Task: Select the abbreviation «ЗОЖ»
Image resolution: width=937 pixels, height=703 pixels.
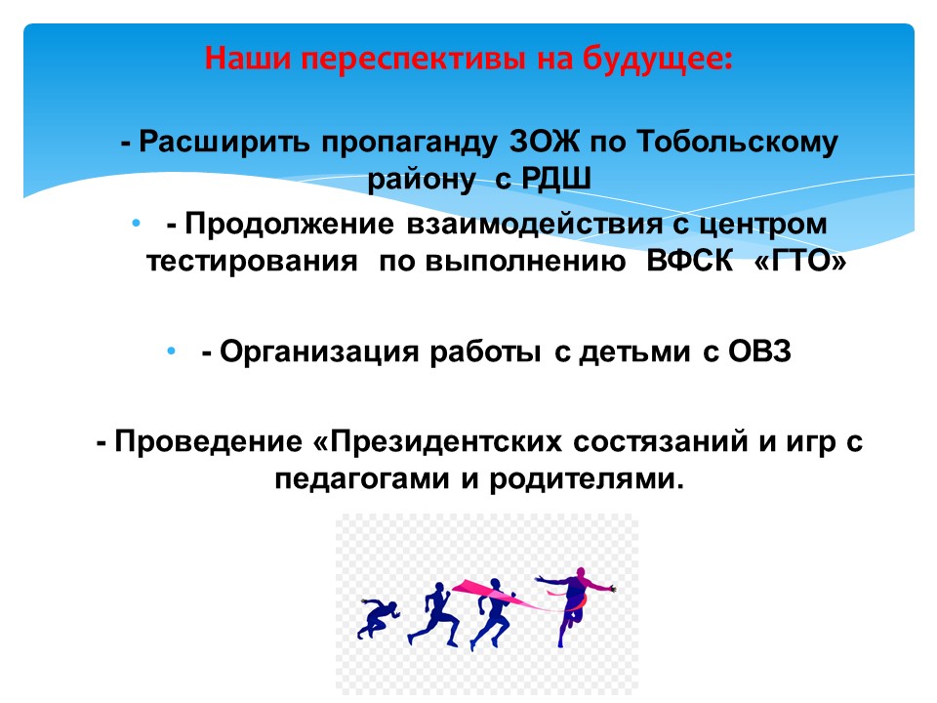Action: (x=545, y=143)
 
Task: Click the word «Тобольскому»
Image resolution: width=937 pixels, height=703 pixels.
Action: (x=737, y=144)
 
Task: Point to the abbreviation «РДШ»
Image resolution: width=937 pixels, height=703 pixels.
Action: (x=555, y=179)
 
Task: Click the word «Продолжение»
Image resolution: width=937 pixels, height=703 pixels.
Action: (x=289, y=226)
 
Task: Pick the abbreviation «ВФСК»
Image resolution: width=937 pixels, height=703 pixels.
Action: (x=690, y=261)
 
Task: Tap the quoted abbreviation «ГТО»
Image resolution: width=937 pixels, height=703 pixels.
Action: (x=800, y=261)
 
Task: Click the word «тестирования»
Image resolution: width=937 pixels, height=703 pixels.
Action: (x=252, y=263)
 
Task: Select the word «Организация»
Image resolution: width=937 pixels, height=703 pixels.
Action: (x=319, y=352)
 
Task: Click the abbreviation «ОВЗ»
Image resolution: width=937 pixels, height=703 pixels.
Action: (x=759, y=351)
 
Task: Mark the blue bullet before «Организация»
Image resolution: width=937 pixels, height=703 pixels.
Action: (x=172, y=351)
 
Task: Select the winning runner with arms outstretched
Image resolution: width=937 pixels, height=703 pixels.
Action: (x=574, y=603)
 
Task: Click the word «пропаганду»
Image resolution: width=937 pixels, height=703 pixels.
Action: (x=409, y=145)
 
